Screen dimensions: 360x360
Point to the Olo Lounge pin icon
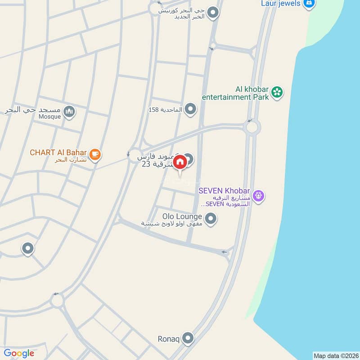click(x=210, y=219)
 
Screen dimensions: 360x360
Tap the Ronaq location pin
click(x=188, y=338)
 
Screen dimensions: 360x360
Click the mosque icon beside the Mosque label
click(x=69, y=111)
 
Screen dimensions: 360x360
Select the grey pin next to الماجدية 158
click(x=191, y=109)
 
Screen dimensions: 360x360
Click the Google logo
click(x=19, y=353)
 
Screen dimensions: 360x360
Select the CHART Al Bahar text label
click(x=58, y=152)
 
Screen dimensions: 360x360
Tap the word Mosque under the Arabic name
click(x=49, y=117)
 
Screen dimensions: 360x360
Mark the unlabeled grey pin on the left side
click(x=28, y=248)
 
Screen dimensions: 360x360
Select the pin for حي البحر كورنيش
click(x=213, y=13)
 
